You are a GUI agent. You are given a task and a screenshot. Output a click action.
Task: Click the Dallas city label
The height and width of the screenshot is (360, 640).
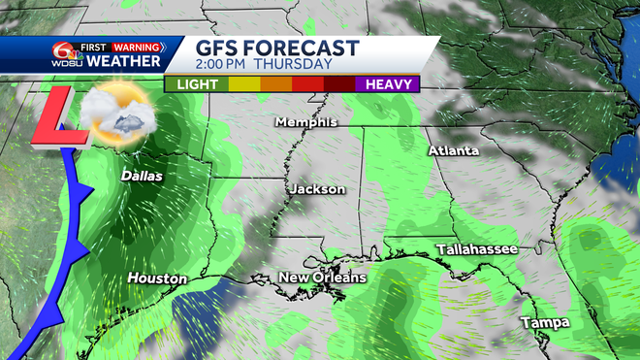point(142,177)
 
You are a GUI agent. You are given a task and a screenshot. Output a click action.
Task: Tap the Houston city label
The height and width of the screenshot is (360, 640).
point(157,278)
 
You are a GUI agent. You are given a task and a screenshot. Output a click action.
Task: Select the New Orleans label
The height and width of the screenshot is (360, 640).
point(323,278)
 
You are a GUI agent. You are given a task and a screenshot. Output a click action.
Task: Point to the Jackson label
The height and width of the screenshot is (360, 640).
point(316,189)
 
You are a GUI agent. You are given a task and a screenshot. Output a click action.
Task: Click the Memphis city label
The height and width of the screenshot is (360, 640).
point(306,122)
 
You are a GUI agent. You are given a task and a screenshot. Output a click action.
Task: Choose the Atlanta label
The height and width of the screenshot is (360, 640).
point(454,151)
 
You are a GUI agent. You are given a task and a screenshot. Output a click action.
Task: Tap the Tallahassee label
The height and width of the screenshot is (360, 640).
point(476,249)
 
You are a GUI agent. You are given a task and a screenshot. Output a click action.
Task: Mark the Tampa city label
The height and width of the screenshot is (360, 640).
point(544,322)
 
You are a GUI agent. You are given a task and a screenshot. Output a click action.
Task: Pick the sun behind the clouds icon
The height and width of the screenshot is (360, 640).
point(114,115)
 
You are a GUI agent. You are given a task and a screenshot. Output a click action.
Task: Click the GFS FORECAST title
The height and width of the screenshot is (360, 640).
point(277,49)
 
